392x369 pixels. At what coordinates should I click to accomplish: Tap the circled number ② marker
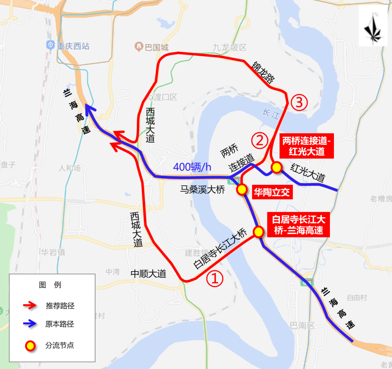260,141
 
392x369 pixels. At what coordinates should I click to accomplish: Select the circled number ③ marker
299,103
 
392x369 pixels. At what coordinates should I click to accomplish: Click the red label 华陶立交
272,192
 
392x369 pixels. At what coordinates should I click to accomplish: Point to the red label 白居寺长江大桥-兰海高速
299,225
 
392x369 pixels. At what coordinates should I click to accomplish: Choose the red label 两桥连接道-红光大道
307,146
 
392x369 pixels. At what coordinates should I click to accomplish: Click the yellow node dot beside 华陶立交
242,189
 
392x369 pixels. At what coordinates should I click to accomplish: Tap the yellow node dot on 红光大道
277,167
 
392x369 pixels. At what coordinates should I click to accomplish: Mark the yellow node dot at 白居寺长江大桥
258,232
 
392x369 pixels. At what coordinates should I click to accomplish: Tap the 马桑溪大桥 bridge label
203,190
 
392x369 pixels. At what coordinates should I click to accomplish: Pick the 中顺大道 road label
148,274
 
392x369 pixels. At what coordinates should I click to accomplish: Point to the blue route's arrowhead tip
86,104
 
